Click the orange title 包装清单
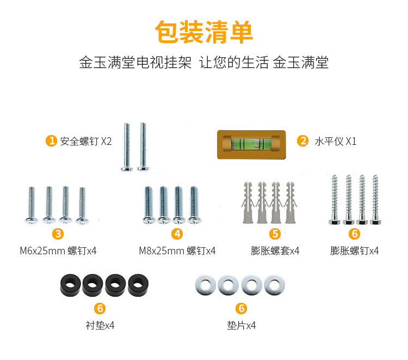pyautogui.click(x=204, y=33)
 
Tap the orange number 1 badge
pyautogui.click(x=51, y=141)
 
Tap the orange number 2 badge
pyautogui.click(x=302, y=141)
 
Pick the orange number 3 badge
pyautogui.click(x=58, y=234)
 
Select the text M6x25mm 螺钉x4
pyautogui.click(x=58, y=251)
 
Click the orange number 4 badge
pyautogui.click(x=177, y=234)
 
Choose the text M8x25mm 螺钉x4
pyautogui.click(x=177, y=251)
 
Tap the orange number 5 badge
pyautogui.click(x=275, y=234)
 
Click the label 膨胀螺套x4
pyautogui.click(x=275, y=251)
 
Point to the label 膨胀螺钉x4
pyautogui.click(x=354, y=251)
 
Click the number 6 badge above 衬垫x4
pyautogui.click(x=100, y=309)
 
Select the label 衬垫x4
pyautogui.click(x=100, y=326)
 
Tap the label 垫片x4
pyautogui.click(x=242, y=326)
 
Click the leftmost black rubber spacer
pyautogui.click(x=70, y=285)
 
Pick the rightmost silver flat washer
pyautogui.click(x=275, y=285)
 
